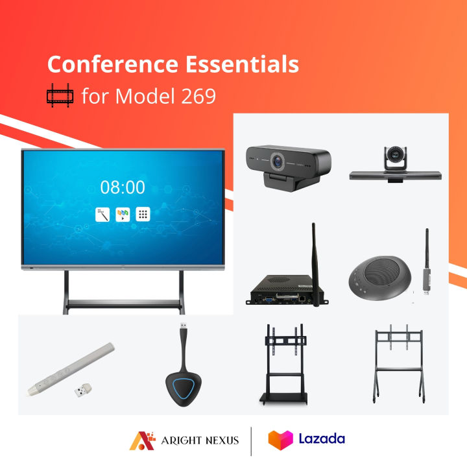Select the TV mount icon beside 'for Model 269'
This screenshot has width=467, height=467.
pyautogui.click(x=60, y=97)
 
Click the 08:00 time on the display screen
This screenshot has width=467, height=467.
pyautogui.click(x=123, y=187)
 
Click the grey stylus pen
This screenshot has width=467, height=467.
pyautogui.click(x=67, y=369)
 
